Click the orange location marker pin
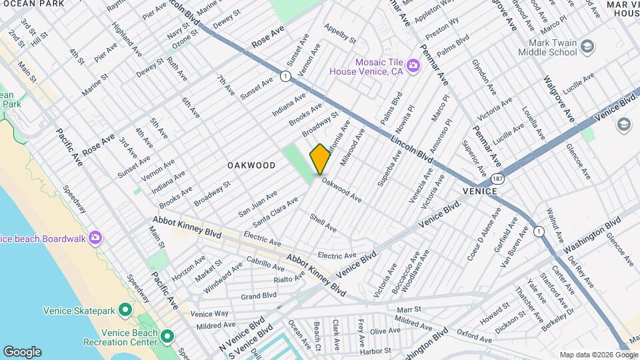(320, 159)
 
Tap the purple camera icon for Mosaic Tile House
(413, 65)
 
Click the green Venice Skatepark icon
(125, 310)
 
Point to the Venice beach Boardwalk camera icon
(95, 237)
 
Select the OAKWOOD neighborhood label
(251, 165)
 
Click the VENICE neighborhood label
(480, 191)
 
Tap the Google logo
(22, 351)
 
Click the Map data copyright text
(597, 354)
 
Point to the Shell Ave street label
(323, 222)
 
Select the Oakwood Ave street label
(341, 189)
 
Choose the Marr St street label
(409, 309)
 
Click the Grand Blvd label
(259, 295)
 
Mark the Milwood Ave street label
(353, 147)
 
